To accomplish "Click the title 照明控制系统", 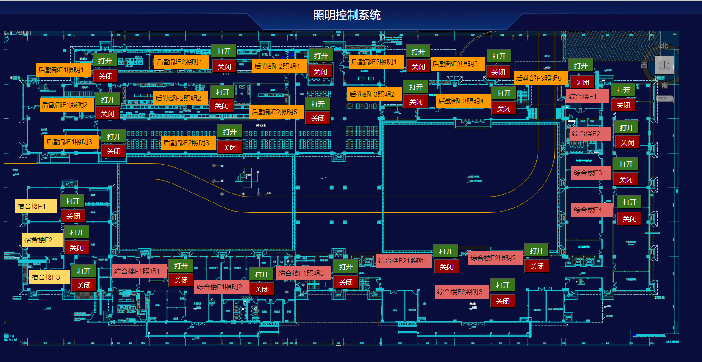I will click(x=347, y=15).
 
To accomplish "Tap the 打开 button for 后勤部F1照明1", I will click(x=105, y=61).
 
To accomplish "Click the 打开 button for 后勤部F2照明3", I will click(x=229, y=132).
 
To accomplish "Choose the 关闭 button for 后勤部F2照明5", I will click(x=318, y=118).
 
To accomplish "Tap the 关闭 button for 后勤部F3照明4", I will click(x=504, y=108).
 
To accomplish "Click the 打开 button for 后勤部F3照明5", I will click(x=580, y=66).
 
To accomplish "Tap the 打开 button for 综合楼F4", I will click(x=629, y=202).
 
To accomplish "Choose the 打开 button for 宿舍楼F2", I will click(x=76, y=232).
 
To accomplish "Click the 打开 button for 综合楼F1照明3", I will click(x=346, y=267).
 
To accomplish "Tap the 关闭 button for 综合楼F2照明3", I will click(x=502, y=301).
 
